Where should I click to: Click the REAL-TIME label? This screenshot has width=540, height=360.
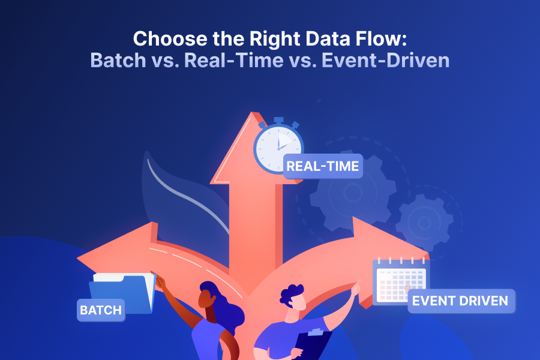(x=323, y=166)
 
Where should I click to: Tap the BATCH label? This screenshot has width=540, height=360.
(x=101, y=310)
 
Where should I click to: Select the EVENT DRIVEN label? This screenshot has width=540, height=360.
(x=461, y=301)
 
